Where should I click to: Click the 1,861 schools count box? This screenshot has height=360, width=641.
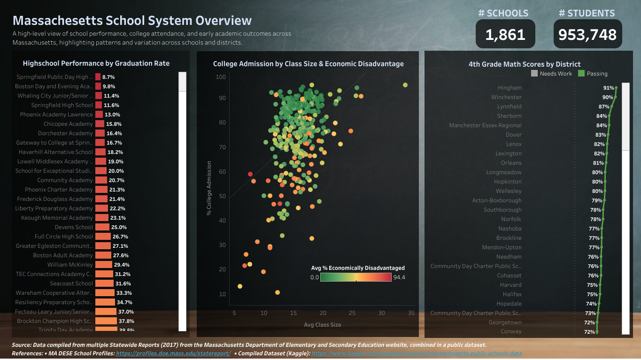coord(505,34)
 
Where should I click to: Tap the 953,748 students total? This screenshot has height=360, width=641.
coord(587,34)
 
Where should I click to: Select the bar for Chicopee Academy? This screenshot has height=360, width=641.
coord(100,124)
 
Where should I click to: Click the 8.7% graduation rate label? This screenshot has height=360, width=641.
coord(108,77)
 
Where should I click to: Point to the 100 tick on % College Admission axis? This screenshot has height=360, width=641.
coord(221,77)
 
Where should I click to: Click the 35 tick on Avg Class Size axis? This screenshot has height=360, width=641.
coord(411,313)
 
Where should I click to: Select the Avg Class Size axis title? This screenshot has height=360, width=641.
coord(322,324)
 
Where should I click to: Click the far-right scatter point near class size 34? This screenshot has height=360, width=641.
coord(405,85)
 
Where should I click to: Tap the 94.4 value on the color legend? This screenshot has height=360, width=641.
coord(399,277)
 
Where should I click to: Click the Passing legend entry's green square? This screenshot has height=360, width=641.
coord(581,74)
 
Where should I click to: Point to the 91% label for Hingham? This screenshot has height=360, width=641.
coord(608,88)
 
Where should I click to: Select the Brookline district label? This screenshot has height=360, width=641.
coord(509,238)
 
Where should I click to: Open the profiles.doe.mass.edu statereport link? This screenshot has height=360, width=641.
coord(173,353)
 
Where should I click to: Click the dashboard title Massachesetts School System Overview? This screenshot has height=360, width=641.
coord(132,21)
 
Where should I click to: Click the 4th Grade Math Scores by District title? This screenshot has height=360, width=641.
coord(525,64)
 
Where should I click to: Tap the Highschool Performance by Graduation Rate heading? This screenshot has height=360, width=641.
coord(96,63)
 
